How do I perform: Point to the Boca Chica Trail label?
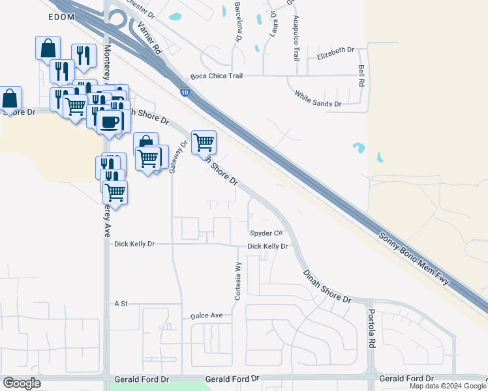217,76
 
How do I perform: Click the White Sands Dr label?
318,98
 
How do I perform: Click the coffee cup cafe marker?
109,121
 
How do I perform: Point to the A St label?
121,304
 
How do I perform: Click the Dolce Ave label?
206,315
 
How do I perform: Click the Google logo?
21,383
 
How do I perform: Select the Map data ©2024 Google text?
448,386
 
